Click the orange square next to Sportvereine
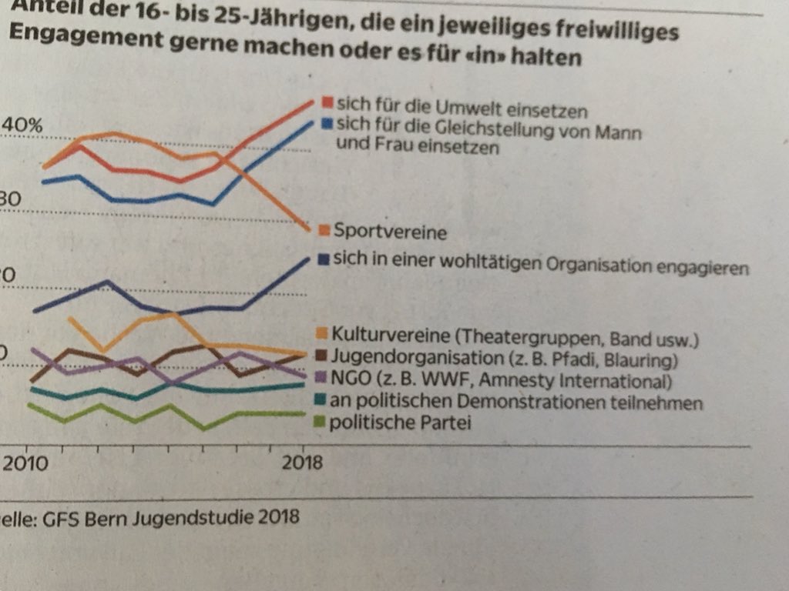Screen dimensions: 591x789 coord(324,229)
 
